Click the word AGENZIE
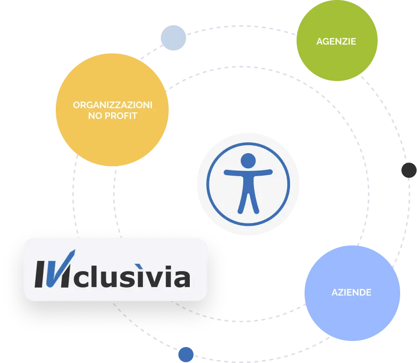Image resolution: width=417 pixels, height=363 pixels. [x=336, y=41]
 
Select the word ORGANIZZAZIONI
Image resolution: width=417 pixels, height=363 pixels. [x=112, y=105]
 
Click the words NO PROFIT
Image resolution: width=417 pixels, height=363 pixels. [x=112, y=115]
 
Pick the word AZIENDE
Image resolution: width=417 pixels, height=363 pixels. [x=351, y=293]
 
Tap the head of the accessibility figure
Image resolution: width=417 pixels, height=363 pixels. [x=248, y=160]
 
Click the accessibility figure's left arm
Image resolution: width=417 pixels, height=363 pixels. [x=233, y=172]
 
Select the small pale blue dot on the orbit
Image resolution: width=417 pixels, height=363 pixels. [x=173, y=38]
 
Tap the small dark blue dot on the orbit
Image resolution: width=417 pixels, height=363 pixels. [x=186, y=354]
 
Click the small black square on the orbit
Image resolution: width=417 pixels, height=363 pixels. [x=409, y=170]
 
